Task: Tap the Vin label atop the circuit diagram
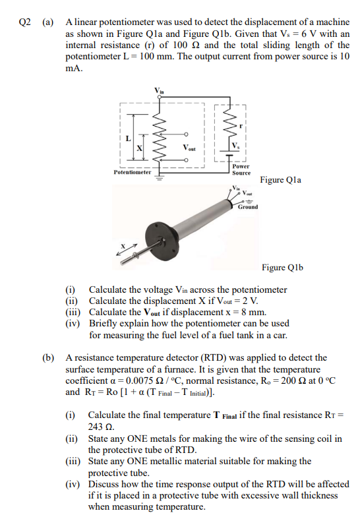pos(159,90)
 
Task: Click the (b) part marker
pos(47,358)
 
